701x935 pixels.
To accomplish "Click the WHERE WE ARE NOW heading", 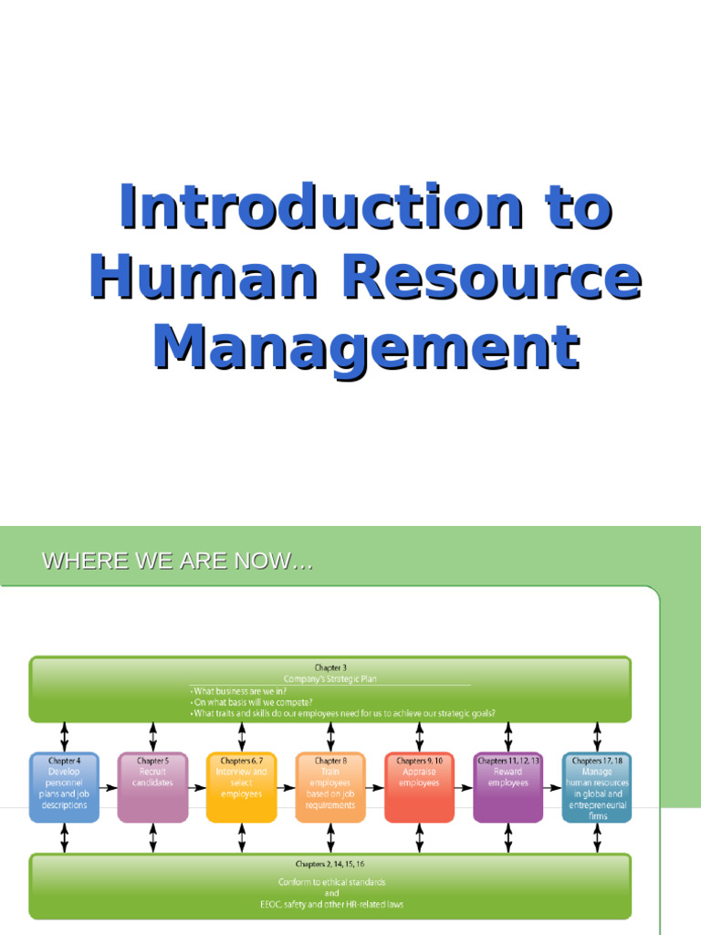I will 178,562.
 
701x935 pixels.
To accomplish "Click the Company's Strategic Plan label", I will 330,678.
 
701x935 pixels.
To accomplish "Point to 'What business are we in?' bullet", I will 239,691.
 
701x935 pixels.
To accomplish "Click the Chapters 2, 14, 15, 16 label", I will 330,863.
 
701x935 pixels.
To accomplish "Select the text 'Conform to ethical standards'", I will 330,882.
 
